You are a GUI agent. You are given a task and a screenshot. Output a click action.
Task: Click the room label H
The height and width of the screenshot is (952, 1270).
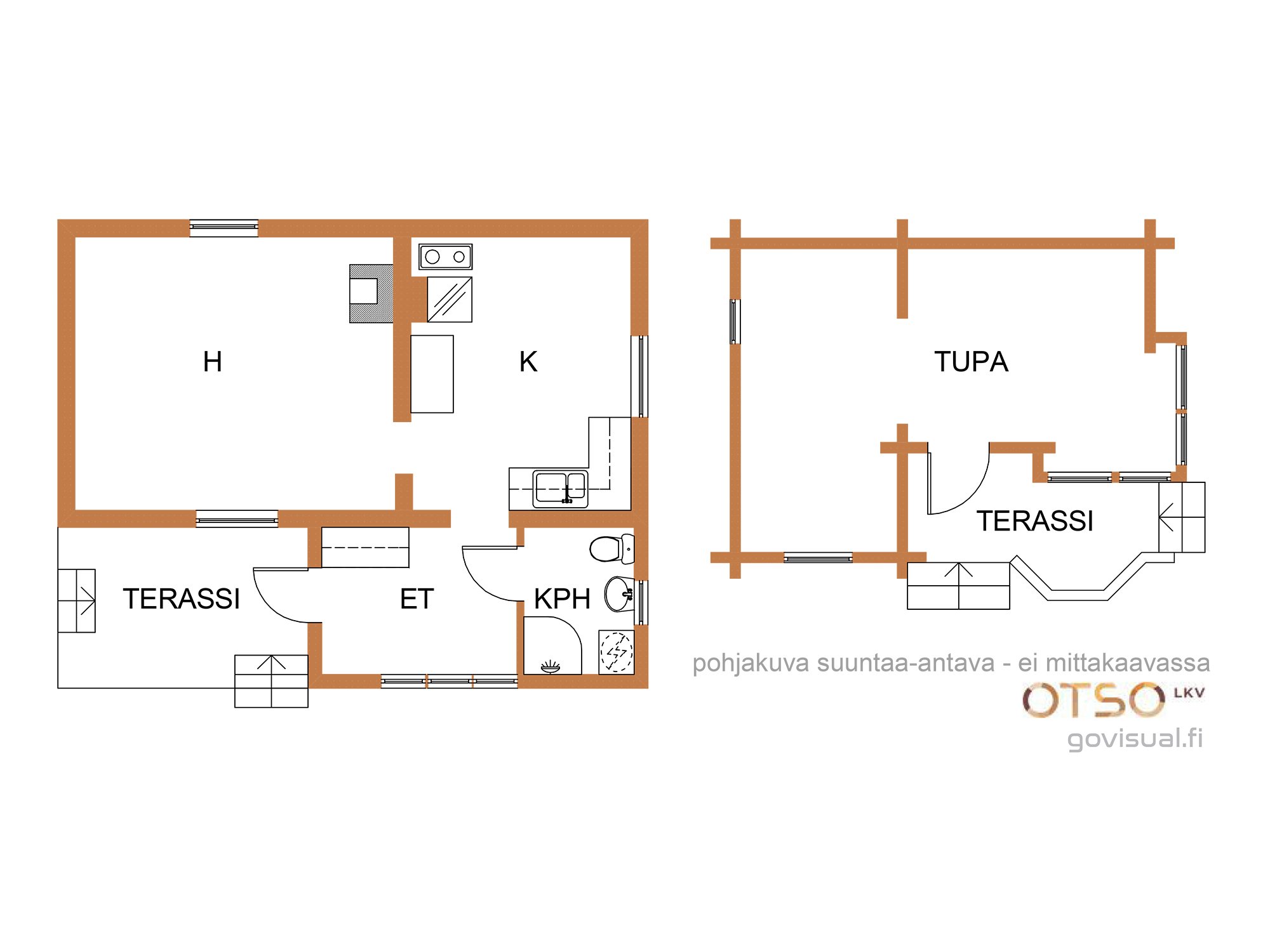pyautogui.click(x=213, y=362)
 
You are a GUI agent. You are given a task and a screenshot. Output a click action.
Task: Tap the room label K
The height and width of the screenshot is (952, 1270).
pyautogui.click(x=528, y=362)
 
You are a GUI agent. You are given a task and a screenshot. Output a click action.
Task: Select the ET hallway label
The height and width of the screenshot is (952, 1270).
pyautogui.click(x=417, y=599)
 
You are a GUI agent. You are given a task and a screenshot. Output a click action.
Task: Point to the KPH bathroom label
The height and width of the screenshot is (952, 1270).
pyautogui.click(x=562, y=599)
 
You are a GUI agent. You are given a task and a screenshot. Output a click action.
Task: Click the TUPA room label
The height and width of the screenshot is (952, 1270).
pyautogui.click(x=971, y=362)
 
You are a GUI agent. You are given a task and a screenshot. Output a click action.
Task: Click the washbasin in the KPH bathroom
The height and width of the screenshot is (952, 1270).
pyautogui.click(x=619, y=594)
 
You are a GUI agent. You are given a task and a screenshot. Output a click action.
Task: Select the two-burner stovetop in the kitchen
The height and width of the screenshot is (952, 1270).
pyautogui.click(x=445, y=257)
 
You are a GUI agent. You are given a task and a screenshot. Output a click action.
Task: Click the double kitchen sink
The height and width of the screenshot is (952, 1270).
pyautogui.click(x=560, y=489)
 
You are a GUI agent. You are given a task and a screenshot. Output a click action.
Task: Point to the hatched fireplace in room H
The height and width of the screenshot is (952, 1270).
pyautogui.click(x=371, y=294)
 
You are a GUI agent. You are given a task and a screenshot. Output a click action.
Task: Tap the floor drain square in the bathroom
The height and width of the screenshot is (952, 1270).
pyautogui.click(x=617, y=651)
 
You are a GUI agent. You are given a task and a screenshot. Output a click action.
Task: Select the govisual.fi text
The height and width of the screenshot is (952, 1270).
pyautogui.click(x=1135, y=739)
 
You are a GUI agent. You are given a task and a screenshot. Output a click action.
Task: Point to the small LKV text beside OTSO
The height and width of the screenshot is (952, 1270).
pyautogui.click(x=1189, y=693)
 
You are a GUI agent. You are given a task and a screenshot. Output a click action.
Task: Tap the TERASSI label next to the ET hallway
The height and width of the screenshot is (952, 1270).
pyautogui.click(x=182, y=599)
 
